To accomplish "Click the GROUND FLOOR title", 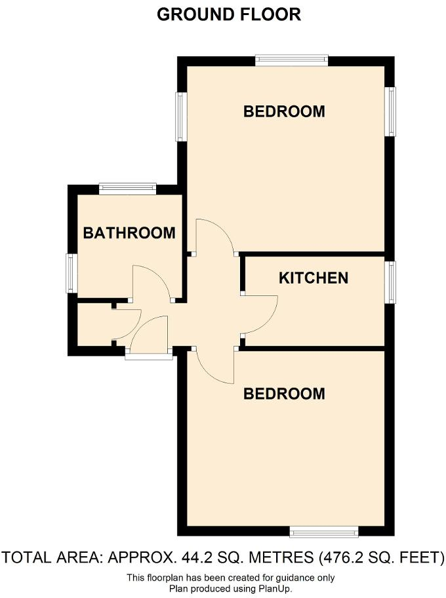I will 229,14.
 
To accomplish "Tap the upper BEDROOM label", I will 284,111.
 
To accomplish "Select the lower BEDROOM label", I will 284,394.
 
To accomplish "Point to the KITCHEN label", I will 314,278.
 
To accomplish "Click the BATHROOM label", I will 129,233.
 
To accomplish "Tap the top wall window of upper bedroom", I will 291,60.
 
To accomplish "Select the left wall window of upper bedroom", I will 182,116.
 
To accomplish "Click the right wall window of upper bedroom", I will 391,112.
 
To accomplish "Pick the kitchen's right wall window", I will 391,282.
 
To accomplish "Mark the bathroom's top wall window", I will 128,189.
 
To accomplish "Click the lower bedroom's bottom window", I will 324,531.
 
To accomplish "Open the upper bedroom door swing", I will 214,236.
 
